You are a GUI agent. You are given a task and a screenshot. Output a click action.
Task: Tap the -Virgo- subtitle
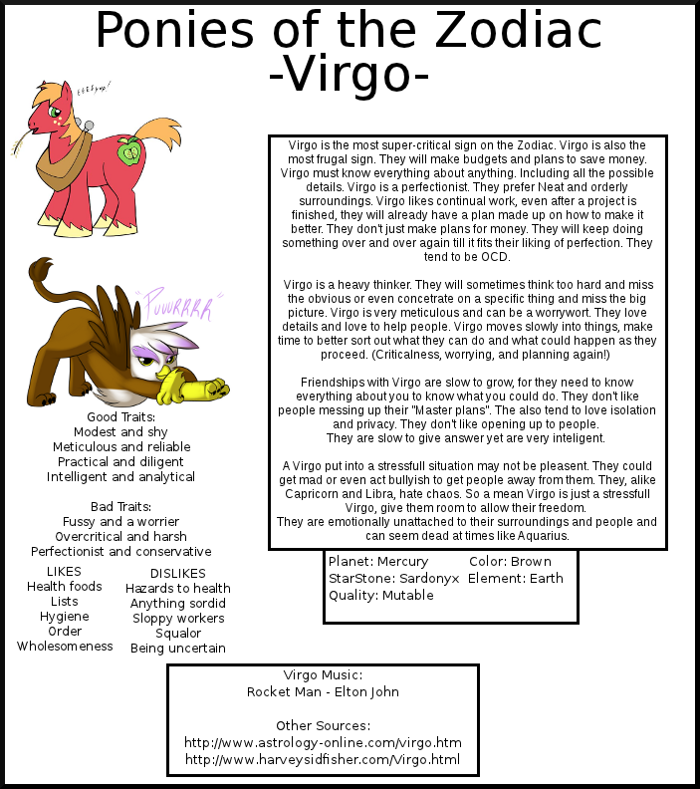pos(349,78)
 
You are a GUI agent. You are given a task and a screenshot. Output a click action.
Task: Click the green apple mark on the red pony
pos(128,151)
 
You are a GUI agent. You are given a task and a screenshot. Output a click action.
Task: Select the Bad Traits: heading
pos(120,506)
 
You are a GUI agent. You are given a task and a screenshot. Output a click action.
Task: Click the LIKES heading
pos(64,572)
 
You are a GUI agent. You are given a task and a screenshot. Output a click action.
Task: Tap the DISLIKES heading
pos(177,574)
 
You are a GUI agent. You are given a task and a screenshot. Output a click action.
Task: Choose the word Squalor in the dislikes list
pos(177,634)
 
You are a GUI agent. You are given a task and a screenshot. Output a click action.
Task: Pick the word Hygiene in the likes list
pos(64,617)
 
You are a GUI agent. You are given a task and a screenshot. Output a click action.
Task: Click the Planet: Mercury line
pos(377,562)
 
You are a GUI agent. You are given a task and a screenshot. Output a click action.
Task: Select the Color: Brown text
pos(509,562)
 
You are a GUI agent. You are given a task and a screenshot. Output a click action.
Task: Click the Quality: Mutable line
pos(380,596)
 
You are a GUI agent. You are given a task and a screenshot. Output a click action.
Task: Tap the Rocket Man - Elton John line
pos(323,691)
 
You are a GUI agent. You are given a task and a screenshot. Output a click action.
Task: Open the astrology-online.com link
pos(323,743)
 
